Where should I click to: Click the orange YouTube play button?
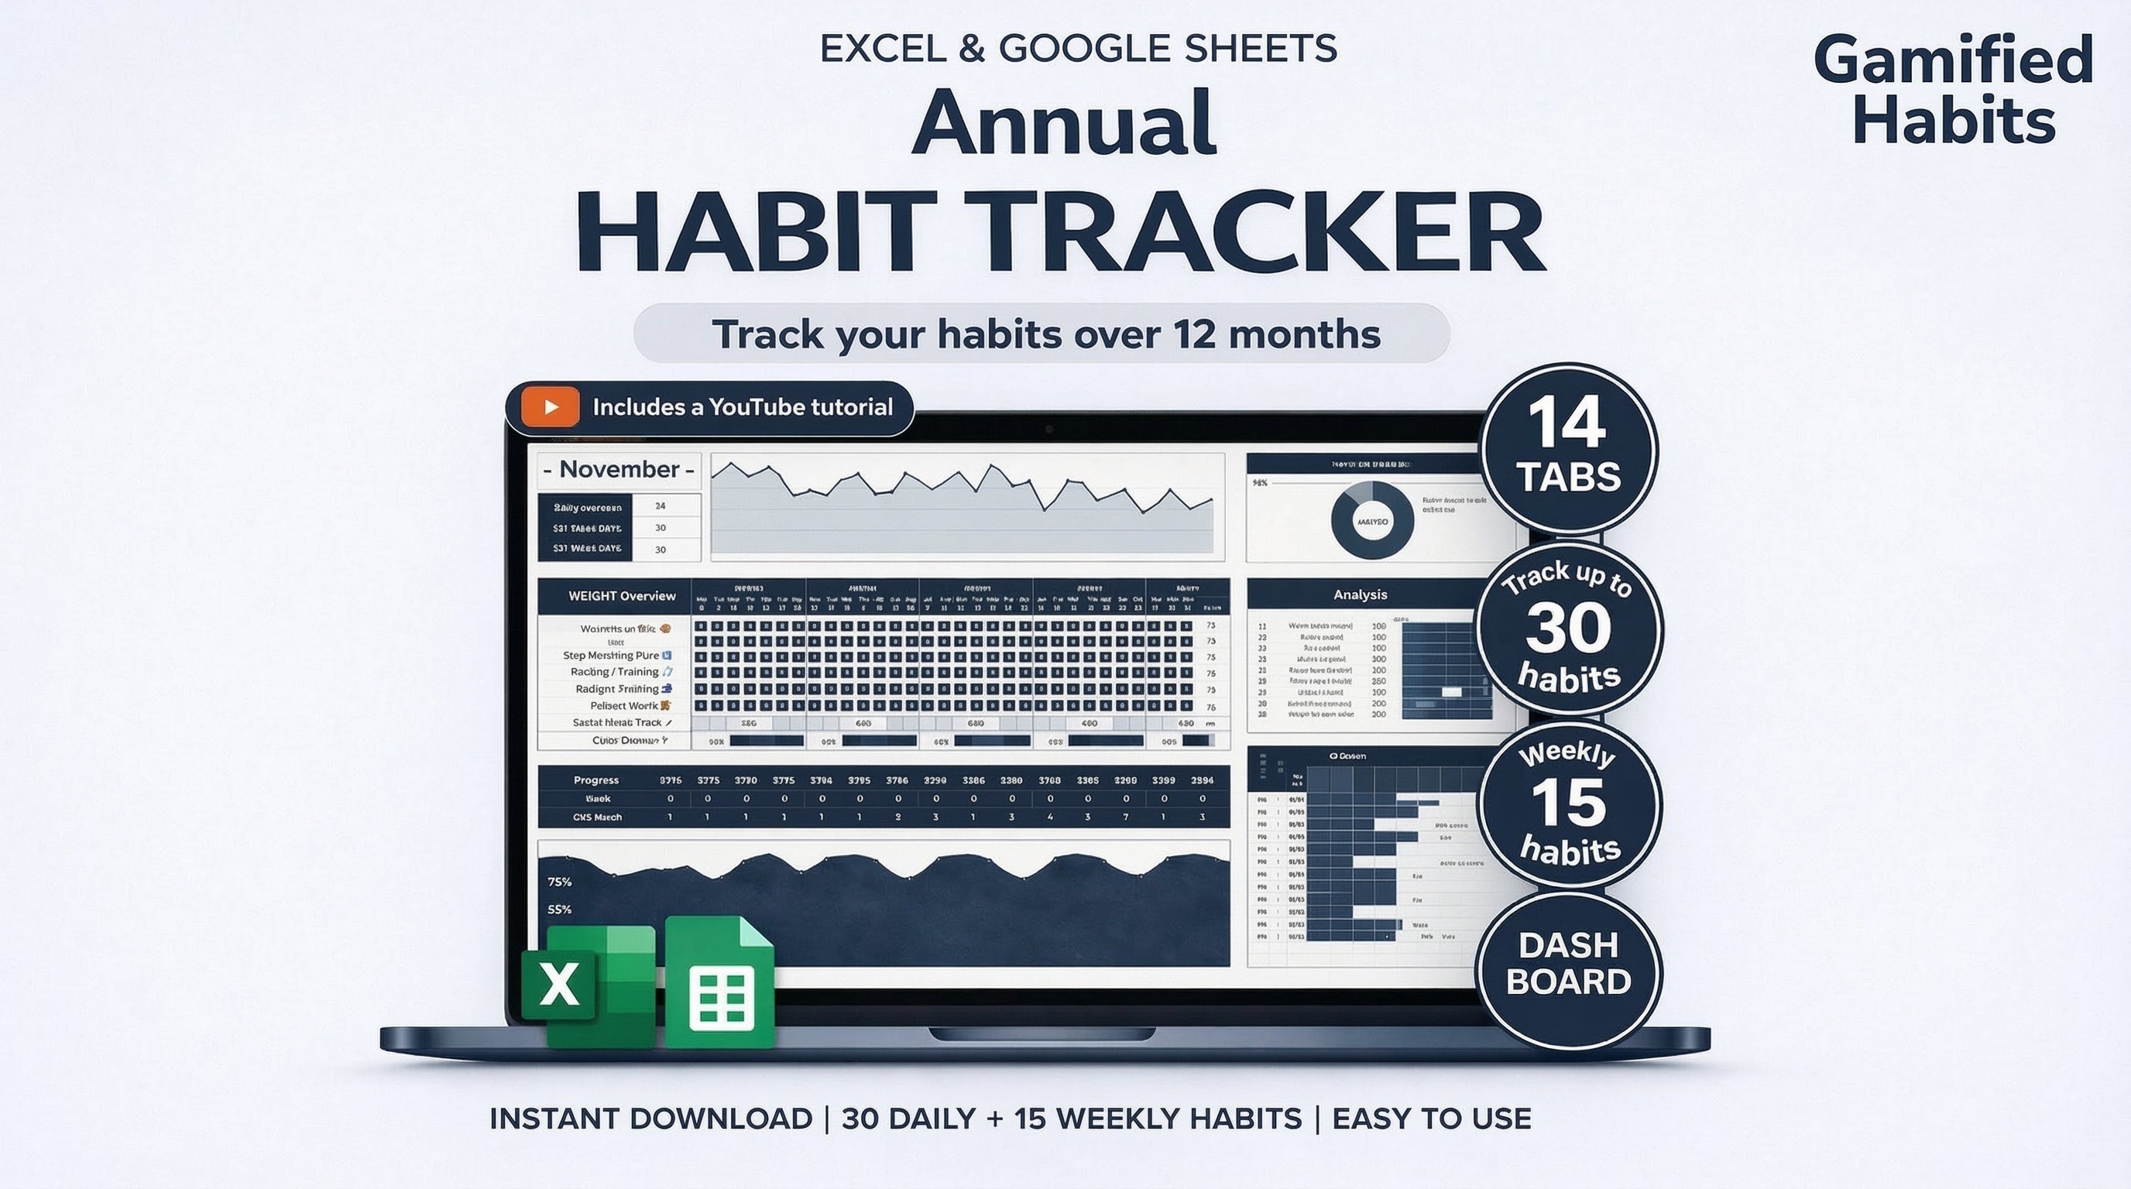coord(550,407)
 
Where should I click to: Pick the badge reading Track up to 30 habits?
coord(1570,629)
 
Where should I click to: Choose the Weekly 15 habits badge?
coord(1570,804)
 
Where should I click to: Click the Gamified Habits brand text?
coord(1953,89)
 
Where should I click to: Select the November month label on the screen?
coord(619,470)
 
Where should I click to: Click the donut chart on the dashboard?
coord(1371,521)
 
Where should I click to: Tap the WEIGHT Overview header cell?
coord(621,595)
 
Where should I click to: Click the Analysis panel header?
coord(1360,594)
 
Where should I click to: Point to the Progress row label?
coord(595,780)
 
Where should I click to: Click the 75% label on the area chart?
coord(559,882)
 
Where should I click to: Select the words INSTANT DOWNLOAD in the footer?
coord(650,1119)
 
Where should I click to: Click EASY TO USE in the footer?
coord(1431,1119)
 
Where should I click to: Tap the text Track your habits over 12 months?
coord(1045,334)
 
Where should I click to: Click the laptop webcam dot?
coord(1048,429)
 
